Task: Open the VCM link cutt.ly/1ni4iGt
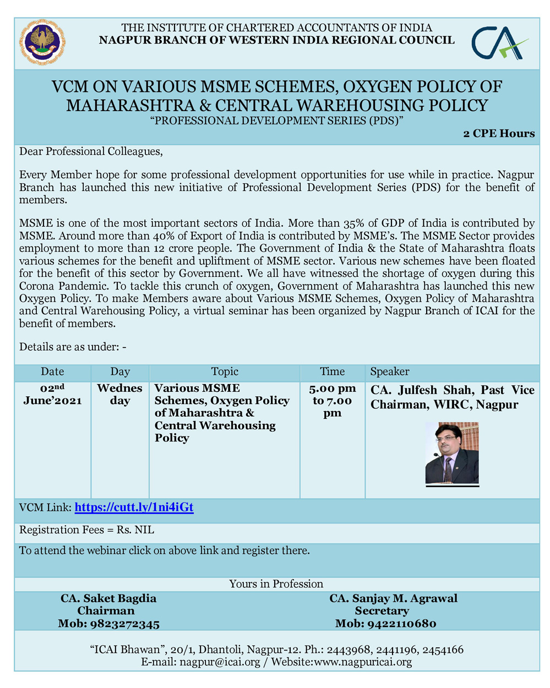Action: (x=134, y=507)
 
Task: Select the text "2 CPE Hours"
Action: (x=499, y=134)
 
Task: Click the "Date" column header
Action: (x=52, y=372)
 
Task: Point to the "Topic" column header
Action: (x=225, y=372)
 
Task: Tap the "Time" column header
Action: (x=332, y=372)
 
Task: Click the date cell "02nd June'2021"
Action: (x=52, y=395)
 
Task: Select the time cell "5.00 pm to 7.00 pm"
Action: (x=332, y=401)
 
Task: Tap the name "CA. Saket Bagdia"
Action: (x=108, y=598)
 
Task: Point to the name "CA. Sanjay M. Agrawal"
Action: (x=393, y=598)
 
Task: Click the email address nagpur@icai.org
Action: (x=220, y=662)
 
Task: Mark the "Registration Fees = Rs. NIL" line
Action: (x=87, y=530)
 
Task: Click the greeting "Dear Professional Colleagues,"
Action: (x=91, y=151)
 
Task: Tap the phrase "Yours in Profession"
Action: (x=276, y=584)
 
